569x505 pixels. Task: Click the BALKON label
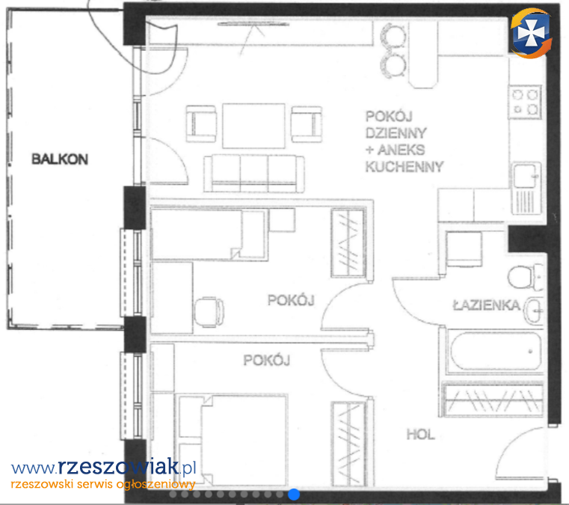60,159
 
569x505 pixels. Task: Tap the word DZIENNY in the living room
396,133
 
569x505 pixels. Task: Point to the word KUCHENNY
405,167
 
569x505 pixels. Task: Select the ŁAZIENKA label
487,305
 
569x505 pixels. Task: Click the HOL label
420,434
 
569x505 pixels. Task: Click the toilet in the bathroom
525,277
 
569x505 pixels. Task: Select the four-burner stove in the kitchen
525,102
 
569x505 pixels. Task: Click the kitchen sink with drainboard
526,188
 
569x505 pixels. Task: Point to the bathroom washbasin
533,310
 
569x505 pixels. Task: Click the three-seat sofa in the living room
254,173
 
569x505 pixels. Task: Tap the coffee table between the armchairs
253,126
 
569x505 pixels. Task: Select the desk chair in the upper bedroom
209,311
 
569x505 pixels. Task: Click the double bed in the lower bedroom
233,440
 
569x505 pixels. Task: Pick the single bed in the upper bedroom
209,234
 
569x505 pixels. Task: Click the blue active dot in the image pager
294,494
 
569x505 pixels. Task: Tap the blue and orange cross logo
531,33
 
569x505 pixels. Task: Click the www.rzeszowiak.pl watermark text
103,467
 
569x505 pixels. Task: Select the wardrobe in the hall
493,399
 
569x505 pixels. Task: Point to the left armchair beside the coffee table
201,123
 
